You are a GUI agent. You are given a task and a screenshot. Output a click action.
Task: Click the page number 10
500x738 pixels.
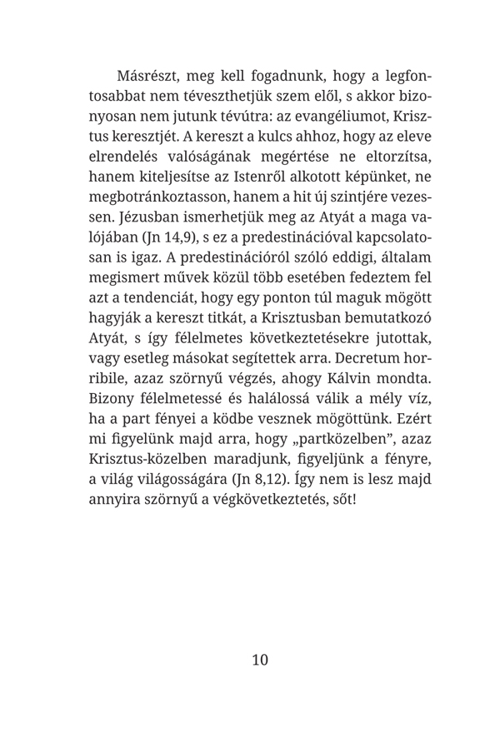click(x=260, y=661)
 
